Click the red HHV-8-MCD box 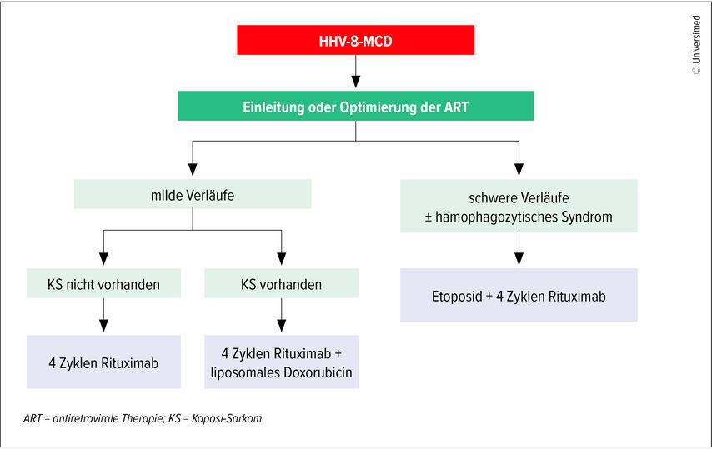click(x=355, y=40)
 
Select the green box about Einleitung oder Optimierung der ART click(x=355, y=106)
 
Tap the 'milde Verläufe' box click(x=193, y=194)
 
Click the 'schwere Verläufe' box click(x=519, y=206)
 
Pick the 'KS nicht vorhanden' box click(x=103, y=283)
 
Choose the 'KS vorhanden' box click(x=282, y=283)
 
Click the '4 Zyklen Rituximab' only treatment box click(x=103, y=362)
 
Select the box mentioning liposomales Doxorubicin click(x=282, y=362)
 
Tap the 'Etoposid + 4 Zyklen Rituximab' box click(x=519, y=295)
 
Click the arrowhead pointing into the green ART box click(x=356, y=82)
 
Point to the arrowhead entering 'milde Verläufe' click(x=193, y=170)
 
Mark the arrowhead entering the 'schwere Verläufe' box click(x=519, y=170)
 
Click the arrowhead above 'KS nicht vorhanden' click(x=103, y=259)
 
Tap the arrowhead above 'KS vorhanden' click(x=282, y=259)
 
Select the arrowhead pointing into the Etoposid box click(x=519, y=259)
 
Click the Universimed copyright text click(x=696, y=45)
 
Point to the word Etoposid click(x=457, y=297)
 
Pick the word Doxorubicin click(x=318, y=372)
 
